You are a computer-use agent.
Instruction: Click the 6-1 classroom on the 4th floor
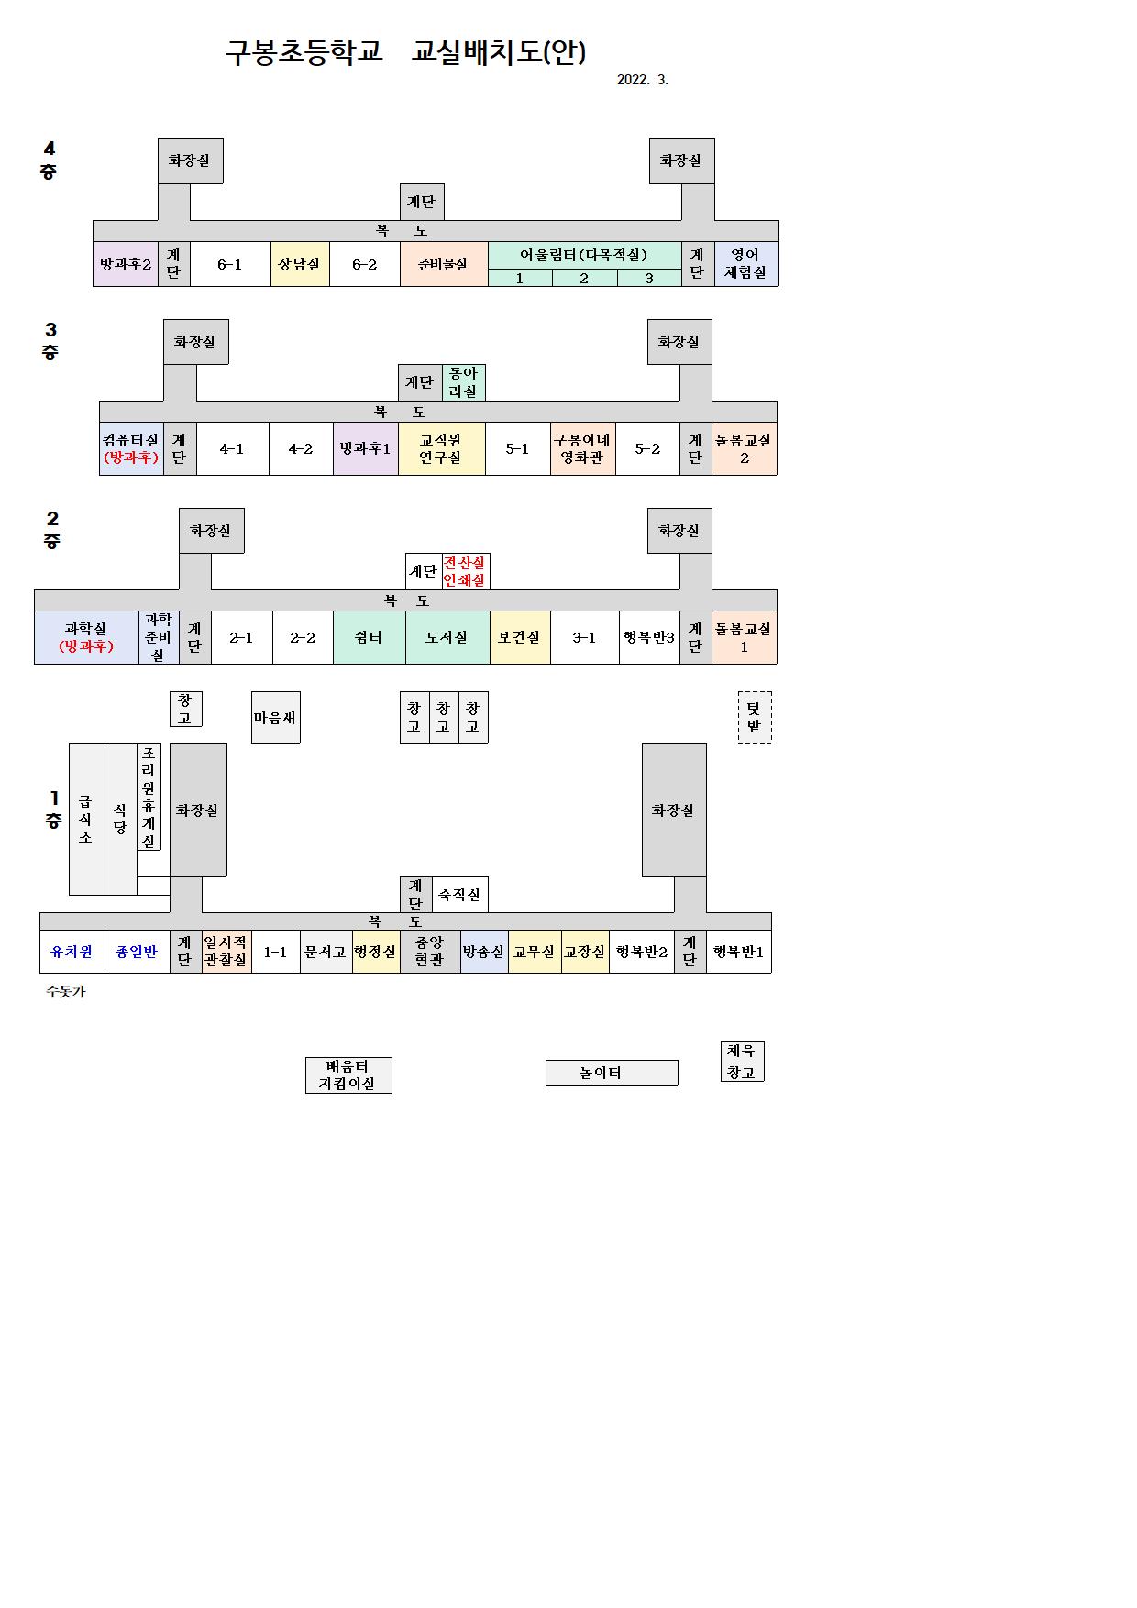[x=229, y=264]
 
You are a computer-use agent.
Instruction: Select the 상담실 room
[x=299, y=264]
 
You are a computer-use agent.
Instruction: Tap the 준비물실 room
[x=443, y=264]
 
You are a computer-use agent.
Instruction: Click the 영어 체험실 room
[x=745, y=264]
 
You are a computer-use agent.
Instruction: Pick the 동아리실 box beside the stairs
[x=463, y=382]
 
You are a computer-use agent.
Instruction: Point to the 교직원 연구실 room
[x=441, y=448]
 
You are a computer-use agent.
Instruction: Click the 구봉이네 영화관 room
[x=582, y=448]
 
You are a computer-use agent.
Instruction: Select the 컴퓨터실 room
[x=131, y=448]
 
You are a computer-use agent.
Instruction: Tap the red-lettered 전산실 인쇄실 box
[x=465, y=571]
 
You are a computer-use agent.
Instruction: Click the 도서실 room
[x=447, y=637]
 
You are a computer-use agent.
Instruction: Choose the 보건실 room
[x=519, y=637]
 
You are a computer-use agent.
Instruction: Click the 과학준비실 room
[x=158, y=637]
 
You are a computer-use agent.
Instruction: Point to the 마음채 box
[x=275, y=718]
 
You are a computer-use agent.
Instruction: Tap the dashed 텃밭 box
[x=754, y=717]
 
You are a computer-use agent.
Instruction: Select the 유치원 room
[x=72, y=952]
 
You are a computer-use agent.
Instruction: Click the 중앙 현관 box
[x=429, y=952]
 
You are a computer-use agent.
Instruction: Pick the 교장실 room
[x=584, y=952]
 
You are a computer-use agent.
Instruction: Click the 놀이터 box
[x=611, y=1073]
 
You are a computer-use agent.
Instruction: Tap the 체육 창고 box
[x=741, y=1062]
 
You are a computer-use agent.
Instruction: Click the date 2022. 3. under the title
[x=642, y=80]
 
